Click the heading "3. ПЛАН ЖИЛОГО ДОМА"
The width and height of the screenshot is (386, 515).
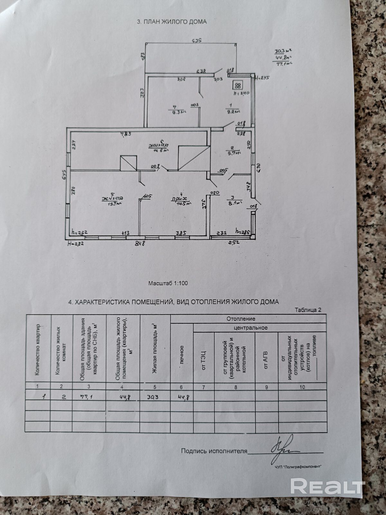click(172, 22)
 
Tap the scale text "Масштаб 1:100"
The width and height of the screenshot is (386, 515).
click(168, 283)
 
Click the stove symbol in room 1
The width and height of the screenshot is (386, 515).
click(238, 85)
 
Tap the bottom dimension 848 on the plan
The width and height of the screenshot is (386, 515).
click(140, 244)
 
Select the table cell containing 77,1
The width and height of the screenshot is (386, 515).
click(86, 397)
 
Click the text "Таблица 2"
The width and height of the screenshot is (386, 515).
click(308, 310)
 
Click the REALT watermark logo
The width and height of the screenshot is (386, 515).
click(328, 486)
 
